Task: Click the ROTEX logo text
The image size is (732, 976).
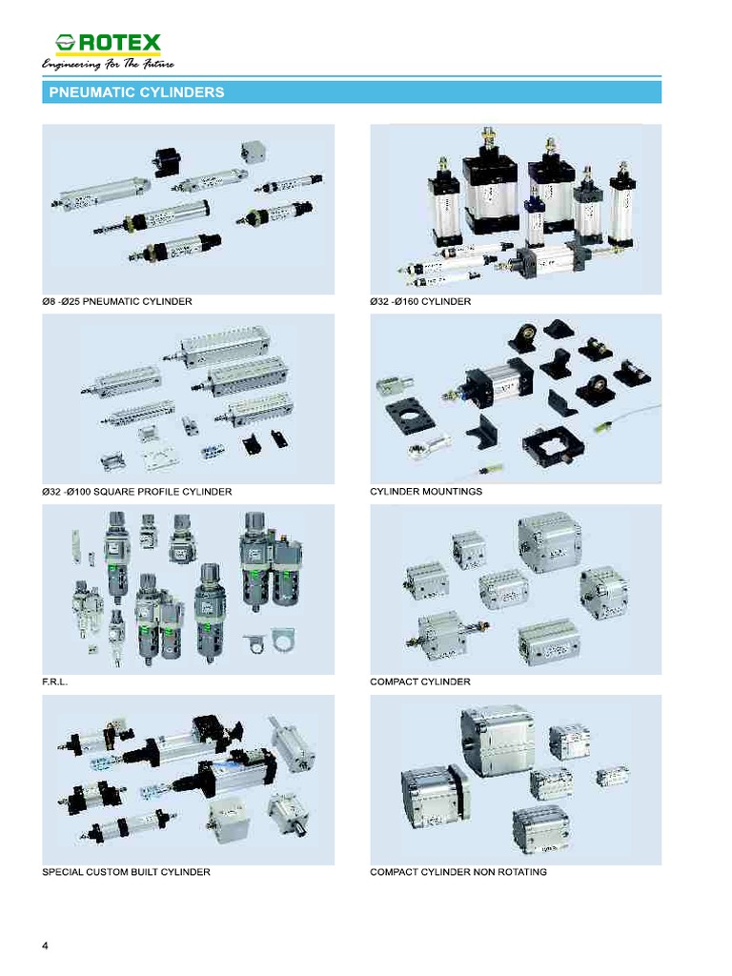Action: click(120, 43)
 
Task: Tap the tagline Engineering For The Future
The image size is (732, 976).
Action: click(108, 64)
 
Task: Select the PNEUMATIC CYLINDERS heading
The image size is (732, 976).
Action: click(136, 92)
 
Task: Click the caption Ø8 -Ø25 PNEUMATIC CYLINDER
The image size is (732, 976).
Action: click(117, 302)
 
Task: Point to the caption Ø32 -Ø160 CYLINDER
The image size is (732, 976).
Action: click(420, 302)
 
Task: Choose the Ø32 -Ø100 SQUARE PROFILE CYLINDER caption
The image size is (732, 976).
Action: click(137, 492)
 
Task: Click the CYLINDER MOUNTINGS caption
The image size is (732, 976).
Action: click(426, 492)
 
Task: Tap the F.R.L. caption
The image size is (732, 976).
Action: click(55, 682)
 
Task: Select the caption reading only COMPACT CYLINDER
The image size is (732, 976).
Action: click(420, 682)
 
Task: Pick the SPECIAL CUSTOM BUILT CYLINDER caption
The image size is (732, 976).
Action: click(127, 872)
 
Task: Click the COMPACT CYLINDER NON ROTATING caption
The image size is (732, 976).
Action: click(458, 872)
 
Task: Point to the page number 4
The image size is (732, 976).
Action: click(46, 945)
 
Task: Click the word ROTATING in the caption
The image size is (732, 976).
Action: click(521, 872)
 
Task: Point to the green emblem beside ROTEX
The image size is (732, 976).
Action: click(66, 44)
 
